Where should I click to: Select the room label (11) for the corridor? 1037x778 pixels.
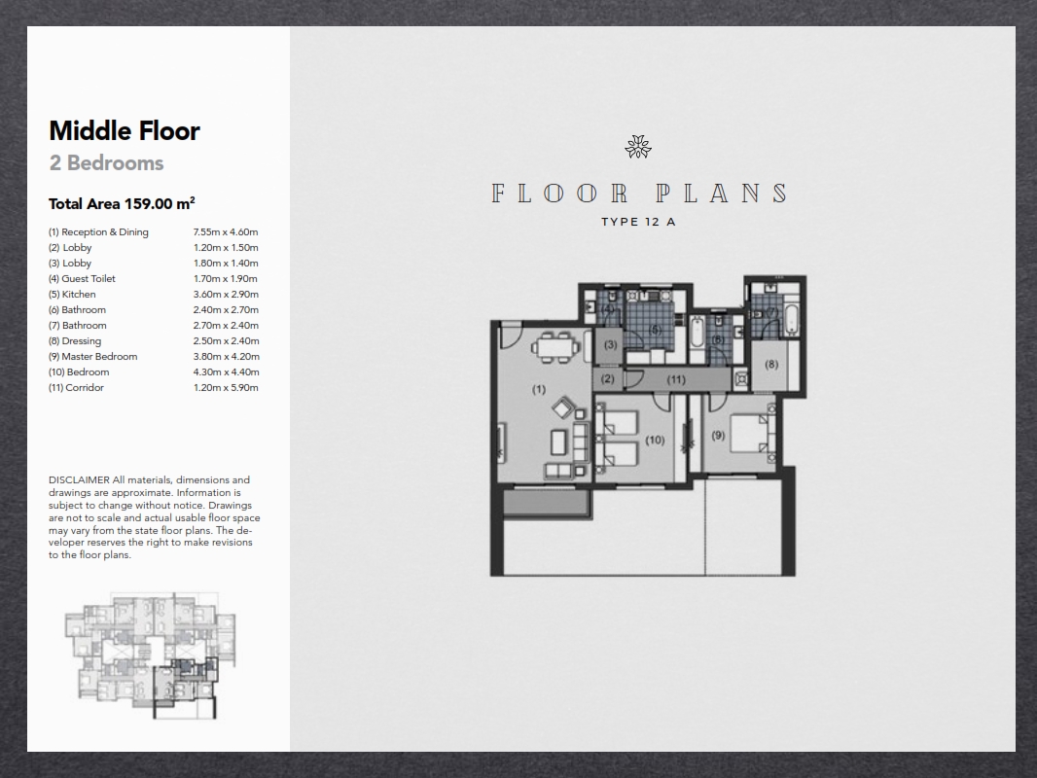676,380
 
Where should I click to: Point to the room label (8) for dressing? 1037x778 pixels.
771,365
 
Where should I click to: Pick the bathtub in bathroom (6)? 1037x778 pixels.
697,334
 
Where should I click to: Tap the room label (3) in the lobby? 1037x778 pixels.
610,344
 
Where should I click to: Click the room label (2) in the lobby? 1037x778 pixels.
608,378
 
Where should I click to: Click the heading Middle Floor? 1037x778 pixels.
125,131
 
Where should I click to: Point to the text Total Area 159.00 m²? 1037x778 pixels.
122,203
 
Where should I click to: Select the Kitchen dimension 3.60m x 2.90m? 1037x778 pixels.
226,294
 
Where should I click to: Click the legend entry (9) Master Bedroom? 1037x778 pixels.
92,356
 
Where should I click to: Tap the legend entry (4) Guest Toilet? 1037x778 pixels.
82,279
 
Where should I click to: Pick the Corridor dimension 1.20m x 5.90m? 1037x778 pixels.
226,387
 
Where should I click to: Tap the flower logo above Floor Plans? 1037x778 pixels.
638,147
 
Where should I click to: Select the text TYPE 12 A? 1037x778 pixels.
638,222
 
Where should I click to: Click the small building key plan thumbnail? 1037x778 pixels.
150,655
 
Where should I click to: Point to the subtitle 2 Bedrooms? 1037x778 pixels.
106,163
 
